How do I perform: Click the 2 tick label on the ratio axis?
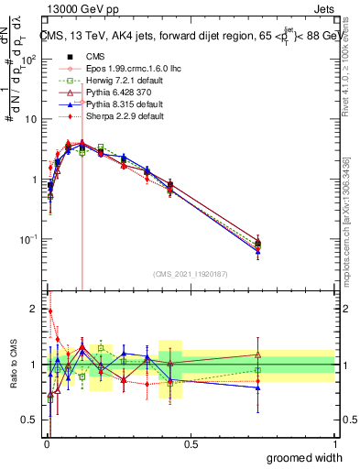click(34, 308)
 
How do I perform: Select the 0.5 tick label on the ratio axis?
click(30, 421)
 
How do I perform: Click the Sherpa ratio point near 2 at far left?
click(49, 311)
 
